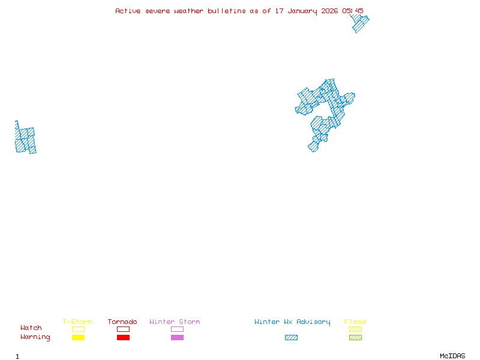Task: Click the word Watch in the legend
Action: [31, 328]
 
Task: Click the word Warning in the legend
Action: [35, 337]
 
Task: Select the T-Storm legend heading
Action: [77, 322]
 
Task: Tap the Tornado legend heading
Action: [122, 322]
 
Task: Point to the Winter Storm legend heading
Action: [175, 322]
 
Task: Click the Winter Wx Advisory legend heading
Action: [292, 322]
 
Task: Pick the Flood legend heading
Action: [355, 322]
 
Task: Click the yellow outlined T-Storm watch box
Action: [78, 329]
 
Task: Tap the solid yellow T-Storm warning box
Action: [78, 338]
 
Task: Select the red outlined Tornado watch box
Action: [123, 329]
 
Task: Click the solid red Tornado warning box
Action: [123, 338]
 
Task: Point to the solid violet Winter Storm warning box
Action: [177, 338]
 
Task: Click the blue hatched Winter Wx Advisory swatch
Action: [291, 338]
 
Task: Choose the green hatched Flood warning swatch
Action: [355, 338]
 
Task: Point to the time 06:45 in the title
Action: [353, 11]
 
